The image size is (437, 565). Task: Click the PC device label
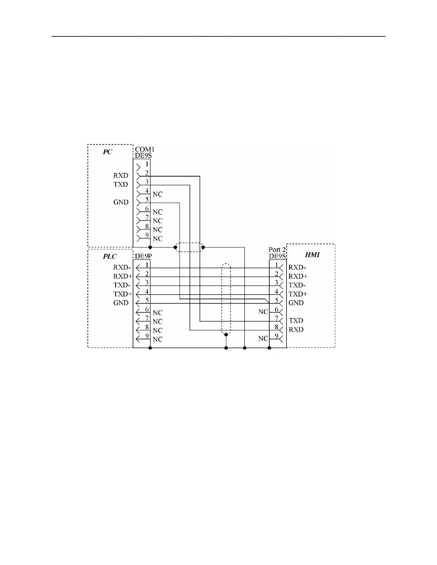[107, 152]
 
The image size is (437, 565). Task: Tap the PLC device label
[110, 256]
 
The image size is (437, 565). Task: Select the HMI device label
[312, 255]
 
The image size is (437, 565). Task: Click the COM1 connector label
[145, 149]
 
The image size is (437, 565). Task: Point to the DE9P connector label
[143, 256]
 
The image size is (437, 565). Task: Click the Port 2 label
[277, 250]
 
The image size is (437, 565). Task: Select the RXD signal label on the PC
[121, 175]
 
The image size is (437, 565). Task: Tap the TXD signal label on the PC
[121, 184]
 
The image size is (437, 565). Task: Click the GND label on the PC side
[121, 202]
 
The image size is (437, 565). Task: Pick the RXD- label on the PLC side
[122, 267]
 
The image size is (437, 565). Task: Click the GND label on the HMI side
[296, 303]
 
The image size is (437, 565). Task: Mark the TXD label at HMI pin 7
[296, 321]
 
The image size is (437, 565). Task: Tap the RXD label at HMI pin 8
[296, 330]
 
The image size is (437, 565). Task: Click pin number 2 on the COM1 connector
[147, 173]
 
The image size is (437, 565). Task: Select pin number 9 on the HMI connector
[276, 336]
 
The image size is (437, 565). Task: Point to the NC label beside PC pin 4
[157, 194]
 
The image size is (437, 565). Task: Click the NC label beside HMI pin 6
[263, 312]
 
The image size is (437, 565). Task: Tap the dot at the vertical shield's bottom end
[226, 335]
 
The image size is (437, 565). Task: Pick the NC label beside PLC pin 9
[157, 340]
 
